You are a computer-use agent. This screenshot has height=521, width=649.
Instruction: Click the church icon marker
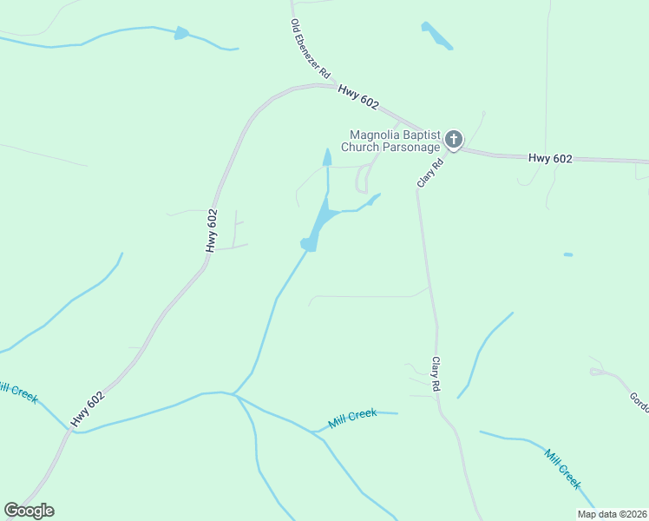pyautogui.click(x=454, y=139)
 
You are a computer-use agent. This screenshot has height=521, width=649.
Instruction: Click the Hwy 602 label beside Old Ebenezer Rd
pyautogui.click(x=358, y=96)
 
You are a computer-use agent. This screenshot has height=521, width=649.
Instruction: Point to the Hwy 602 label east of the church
pyautogui.click(x=550, y=158)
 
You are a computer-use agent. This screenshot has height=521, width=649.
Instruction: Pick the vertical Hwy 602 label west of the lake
pyautogui.click(x=212, y=231)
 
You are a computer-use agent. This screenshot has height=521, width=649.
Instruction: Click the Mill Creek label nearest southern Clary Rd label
pyautogui.click(x=352, y=419)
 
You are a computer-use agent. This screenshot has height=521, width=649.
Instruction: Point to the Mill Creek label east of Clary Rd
pyautogui.click(x=562, y=469)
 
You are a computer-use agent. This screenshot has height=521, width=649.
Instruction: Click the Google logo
pyautogui.click(x=29, y=511)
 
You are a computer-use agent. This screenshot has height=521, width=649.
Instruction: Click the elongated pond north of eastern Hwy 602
pyautogui.click(x=436, y=35)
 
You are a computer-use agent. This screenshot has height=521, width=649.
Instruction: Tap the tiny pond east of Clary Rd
pyautogui.click(x=567, y=254)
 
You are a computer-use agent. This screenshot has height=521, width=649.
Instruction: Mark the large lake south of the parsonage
pyautogui.click(x=318, y=221)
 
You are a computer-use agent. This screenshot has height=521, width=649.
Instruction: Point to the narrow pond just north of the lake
pyautogui.click(x=327, y=158)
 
